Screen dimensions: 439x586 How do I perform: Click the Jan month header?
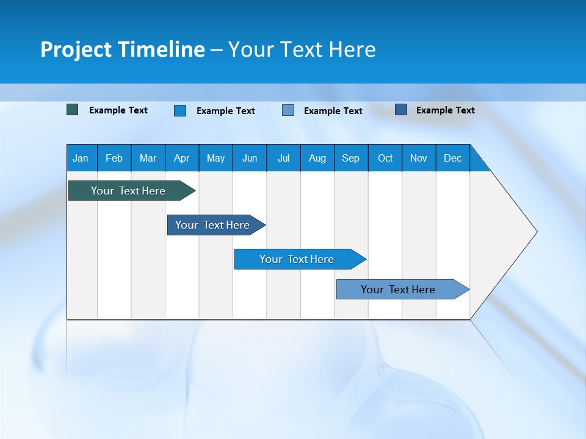81,158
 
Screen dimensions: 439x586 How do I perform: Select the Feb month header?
114,158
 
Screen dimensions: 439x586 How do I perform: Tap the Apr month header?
182,158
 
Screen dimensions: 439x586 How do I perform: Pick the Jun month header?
250,158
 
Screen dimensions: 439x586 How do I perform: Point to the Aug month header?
317,158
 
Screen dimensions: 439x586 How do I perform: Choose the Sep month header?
351,158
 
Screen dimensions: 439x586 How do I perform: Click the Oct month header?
385,158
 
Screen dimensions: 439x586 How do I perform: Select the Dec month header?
453,158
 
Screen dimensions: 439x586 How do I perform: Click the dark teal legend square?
73,110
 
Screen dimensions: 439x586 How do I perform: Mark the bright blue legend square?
180,110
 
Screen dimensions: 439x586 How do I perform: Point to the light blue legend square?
288,110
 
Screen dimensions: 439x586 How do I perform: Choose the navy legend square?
401,110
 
